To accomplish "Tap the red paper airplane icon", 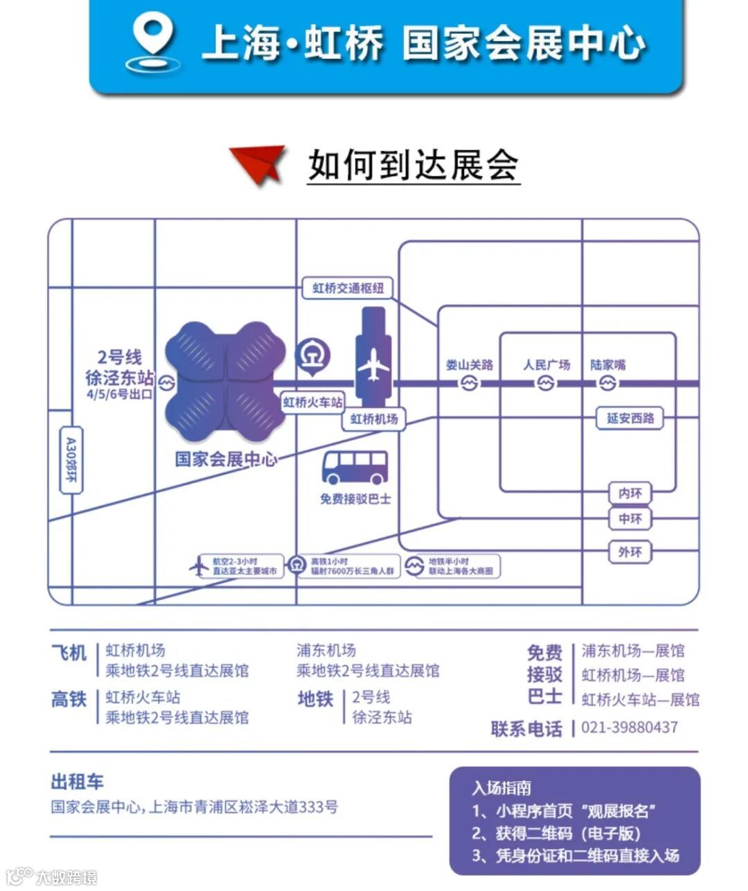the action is [260, 164].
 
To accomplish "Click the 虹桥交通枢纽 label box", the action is [348, 288].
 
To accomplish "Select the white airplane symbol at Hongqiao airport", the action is [374, 364].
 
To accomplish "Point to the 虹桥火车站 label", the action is [313, 402].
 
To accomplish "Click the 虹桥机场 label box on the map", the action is [374, 418].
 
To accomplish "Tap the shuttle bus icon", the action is [355, 468].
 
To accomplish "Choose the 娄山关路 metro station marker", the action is [470, 383].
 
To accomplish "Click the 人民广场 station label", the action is [546, 364].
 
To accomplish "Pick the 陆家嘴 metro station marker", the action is [607, 383].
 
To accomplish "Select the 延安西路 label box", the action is [630, 418].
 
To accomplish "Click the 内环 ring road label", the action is [630, 493].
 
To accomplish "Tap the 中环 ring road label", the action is [630, 518].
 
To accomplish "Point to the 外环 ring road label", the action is [630, 552].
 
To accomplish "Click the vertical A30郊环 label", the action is [71, 459].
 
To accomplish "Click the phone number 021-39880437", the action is [630, 727].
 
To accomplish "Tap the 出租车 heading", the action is [78, 782].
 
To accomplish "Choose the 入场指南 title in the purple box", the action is [502, 788].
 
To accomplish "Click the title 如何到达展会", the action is [413, 165].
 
